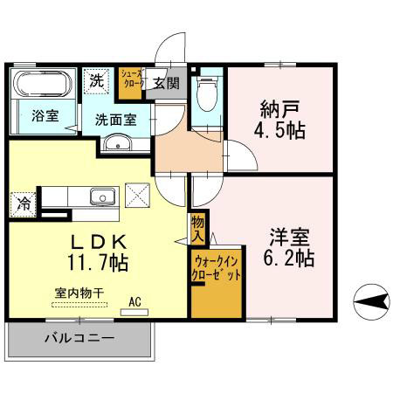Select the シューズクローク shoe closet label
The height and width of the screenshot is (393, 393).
click(x=132, y=80)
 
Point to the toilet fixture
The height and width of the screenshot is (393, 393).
click(x=206, y=95)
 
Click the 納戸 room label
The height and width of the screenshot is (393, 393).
click(x=279, y=109)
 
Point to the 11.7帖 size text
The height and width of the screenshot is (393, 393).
click(x=98, y=261)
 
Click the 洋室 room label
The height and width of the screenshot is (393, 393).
click(x=286, y=236)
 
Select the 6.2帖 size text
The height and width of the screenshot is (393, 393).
click(x=286, y=259)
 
